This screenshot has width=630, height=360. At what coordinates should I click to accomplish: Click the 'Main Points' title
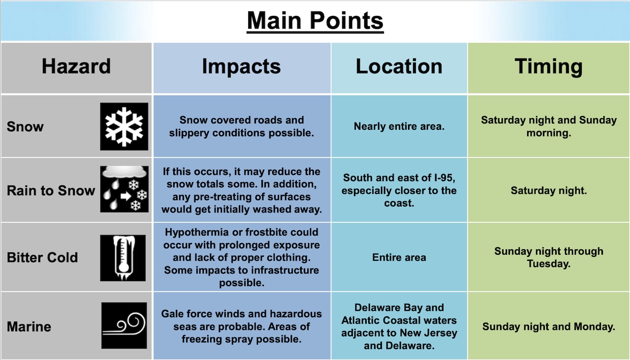pyautogui.click(x=315, y=21)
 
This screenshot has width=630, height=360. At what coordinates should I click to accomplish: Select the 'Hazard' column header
pyautogui.click(x=76, y=66)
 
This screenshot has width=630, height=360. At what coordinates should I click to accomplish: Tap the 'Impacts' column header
pyautogui.click(x=241, y=67)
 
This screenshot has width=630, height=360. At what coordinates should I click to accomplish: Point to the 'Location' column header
pyautogui.click(x=399, y=66)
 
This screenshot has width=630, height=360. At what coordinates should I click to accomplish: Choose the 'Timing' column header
pyautogui.click(x=548, y=67)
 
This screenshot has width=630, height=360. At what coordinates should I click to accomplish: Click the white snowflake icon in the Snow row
pyautogui.click(x=124, y=126)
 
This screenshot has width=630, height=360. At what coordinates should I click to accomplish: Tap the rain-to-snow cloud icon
pyautogui.click(x=125, y=189)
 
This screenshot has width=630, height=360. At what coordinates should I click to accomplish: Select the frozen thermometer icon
pyautogui.click(x=123, y=258)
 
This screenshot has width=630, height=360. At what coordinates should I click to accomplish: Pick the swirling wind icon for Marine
pyautogui.click(x=124, y=326)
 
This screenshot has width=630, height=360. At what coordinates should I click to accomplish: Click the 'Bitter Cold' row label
pyautogui.click(x=42, y=257)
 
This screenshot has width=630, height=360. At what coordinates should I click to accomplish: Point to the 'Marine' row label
pyautogui.click(x=29, y=327)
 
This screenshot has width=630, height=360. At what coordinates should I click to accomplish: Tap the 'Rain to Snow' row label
pyautogui.click(x=51, y=190)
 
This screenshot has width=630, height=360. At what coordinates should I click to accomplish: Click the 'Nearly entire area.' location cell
pyautogui.click(x=399, y=126)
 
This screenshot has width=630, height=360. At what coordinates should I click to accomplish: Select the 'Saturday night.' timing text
pyautogui.click(x=549, y=190)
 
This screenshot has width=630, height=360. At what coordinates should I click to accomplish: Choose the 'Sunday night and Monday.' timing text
pyautogui.click(x=549, y=327)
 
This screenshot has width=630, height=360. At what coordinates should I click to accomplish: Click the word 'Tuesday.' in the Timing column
pyautogui.click(x=549, y=264)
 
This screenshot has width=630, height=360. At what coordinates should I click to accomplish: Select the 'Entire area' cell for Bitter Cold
pyautogui.click(x=399, y=257)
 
